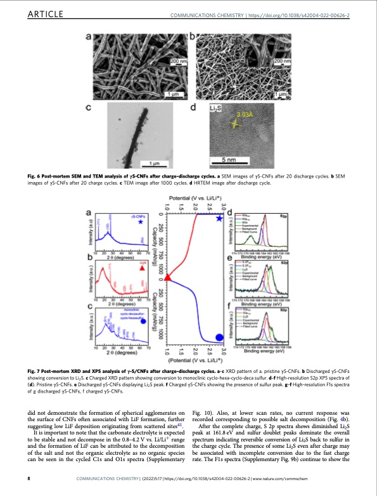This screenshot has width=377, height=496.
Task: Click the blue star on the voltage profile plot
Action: coord(219,218)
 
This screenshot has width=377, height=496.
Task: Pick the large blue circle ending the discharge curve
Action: coord(219,337)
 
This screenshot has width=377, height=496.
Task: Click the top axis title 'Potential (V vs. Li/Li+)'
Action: coord(195,200)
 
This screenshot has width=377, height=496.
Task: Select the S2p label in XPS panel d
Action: coord(284,216)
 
